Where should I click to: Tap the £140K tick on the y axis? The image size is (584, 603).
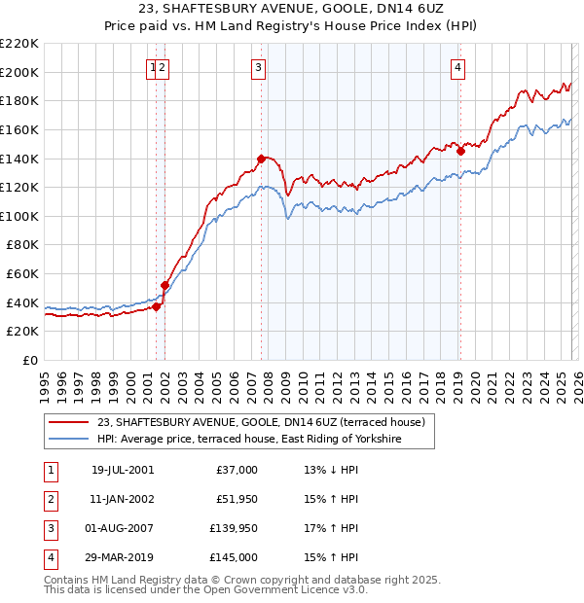20,159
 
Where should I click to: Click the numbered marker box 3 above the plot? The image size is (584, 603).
258,67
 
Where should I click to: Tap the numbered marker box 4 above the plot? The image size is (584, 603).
457,67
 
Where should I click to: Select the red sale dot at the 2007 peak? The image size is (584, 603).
261,159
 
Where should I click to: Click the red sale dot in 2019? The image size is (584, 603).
461,151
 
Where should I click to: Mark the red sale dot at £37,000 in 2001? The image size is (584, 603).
157,306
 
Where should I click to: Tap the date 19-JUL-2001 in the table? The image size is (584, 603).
122,470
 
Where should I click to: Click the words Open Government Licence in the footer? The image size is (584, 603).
283,590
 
